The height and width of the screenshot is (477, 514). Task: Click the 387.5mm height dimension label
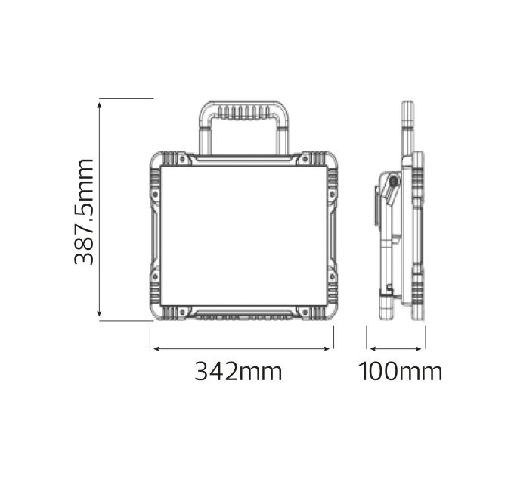[x=84, y=211]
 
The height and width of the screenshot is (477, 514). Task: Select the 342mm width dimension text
[x=238, y=371]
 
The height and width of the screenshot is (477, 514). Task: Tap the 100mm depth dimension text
[x=401, y=371]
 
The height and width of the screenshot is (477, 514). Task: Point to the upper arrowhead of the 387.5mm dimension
[x=100, y=104]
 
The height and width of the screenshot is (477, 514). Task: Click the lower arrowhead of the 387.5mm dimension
[x=100, y=314]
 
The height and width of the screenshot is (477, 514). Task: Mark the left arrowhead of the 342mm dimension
[x=156, y=348]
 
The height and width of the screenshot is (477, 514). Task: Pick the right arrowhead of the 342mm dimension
[x=327, y=348]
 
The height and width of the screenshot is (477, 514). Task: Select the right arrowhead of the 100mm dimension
[x=419, y=348]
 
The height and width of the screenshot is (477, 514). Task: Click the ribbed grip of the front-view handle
[x=243, y=112]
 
